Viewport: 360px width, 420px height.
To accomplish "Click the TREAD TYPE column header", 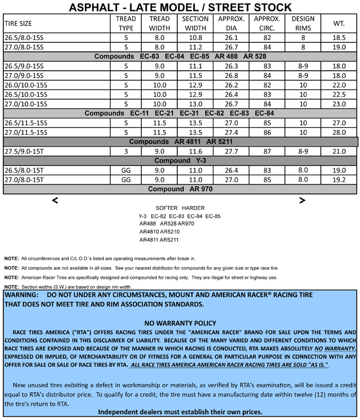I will coord(126,23).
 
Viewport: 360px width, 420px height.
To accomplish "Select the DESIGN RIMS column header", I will coord(303,23).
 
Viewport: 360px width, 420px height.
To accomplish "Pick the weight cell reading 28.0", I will coord(339,132).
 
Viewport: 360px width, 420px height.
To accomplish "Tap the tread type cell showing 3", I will coord(126,151).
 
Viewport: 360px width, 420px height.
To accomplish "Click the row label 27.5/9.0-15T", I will coord(26,151).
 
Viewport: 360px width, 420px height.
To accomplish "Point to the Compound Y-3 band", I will coord(180,160).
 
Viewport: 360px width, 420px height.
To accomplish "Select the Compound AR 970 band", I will coord(180,189).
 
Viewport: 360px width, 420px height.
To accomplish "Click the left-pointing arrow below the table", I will coord(55,200).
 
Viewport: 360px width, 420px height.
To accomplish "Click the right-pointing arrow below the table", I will coord(302,200).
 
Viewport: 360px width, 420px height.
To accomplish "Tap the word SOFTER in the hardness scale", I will coord(166,208).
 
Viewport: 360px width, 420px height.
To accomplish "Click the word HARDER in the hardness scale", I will coord(193,208).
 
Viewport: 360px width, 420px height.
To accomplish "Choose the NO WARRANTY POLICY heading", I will coord(180,323).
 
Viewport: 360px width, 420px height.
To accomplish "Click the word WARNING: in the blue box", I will coord(22,295).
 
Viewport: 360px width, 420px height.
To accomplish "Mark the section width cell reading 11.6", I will coord(196,151).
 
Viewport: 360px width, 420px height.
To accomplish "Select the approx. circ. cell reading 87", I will coord(267,151).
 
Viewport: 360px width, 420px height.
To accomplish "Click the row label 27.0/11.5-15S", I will coord(26,132).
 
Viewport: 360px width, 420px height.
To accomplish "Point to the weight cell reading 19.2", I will coord(339,180).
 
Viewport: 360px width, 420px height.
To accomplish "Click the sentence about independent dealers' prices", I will coord(180,412).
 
